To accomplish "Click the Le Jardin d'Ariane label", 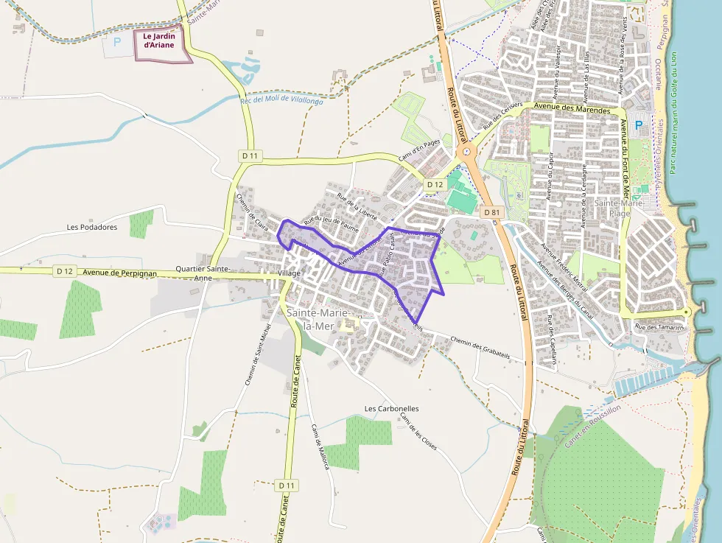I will pyautogui.click(x=159, y=40).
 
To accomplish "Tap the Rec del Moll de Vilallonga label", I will pyautogui.click(x=282, y=101).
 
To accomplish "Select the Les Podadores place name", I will pyautogui.click(x=92, y=228).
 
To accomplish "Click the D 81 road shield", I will pyautogui.click(x=491, y=212).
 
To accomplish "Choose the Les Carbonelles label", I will pyautogui.click(x=392, y=408).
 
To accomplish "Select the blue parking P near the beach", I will pyautogui.click(x=638, y=126).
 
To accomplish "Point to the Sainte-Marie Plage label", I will pyautogui.click(x=618, y=208).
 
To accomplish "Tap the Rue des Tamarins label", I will pyautogui.click(x=659, y=327).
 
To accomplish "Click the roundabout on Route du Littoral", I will pyautogui.click(x=466, y=153).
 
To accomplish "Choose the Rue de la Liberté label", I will pyautogui.click(x=357, y=207).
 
